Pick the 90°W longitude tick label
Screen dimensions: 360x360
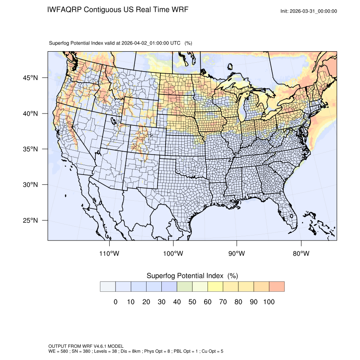click(237, 254)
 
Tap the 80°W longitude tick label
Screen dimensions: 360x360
click(301, 254)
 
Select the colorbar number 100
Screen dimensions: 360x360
click(269, 302)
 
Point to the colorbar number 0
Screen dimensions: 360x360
click(115, 302)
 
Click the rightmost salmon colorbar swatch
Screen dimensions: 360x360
click(277, 286)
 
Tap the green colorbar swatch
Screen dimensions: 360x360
click(185, 286)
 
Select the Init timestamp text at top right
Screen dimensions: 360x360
click(309, 11)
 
